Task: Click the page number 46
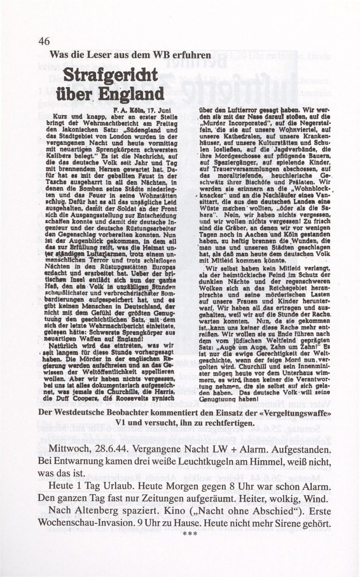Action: tap(44, 41)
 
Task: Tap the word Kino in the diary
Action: tap(175, 511)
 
